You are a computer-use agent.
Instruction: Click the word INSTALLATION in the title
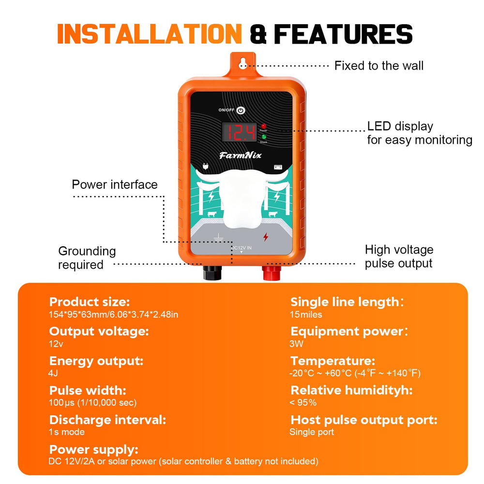(150, 34)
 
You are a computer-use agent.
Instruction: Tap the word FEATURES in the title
(343, 34)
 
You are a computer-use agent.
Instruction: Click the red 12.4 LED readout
(240, 133)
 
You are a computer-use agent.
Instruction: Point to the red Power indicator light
(263, 126)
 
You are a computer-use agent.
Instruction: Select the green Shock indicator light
(264, 137)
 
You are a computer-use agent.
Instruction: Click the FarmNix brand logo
(240, 155)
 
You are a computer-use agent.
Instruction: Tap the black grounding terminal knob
(212, 272)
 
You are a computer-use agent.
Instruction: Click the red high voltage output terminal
(272, 272)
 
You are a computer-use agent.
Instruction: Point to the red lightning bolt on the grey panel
(265, 237)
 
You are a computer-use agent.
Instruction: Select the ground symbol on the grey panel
(218, 237)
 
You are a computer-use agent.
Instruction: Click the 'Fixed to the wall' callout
(379, 66)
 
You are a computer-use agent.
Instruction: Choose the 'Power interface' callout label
(115, 184)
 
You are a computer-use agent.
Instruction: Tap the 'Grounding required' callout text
(87, 258)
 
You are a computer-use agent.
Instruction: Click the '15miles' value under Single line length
(306, 315)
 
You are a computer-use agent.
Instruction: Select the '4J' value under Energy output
(53, 373)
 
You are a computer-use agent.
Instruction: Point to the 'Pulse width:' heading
(88, 391)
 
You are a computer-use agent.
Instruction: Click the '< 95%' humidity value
(303, 403)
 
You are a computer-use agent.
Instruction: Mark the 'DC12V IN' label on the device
(242, 248)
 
